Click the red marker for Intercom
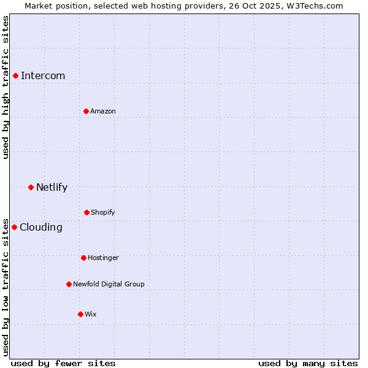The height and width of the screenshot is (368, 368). pyautogui.click(x=16, y=75)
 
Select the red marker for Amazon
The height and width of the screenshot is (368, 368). pyautogui.click(x=86, y=111)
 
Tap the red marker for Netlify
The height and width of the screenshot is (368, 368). pyautogui.click(x=31, y=187)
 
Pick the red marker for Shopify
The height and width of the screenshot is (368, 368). pyautogui.click(x=86, y=212)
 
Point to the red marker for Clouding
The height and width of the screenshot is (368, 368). pyautogui.click(x=14, y=227)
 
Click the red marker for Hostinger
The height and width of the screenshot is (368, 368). pyautogui.click(x=83, y=258)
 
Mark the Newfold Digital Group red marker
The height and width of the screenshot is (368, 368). pyautogui.click(x=69, y=284)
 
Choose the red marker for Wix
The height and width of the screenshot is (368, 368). pyautogui.click(x=80, y=314)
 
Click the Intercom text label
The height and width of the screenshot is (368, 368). pyautogui.click(x=43, y=75)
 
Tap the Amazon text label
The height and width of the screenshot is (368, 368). pyautogui.click(x=103, y=111)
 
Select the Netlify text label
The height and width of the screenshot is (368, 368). pyautogui.click(x=52, y=187)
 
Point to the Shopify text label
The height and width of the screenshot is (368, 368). pyautogui.click(x=103, y=212)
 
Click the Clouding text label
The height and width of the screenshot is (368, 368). pyautogui.click(x=41, y=227)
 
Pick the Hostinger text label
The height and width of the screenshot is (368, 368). pyautogui.click(x=103, y=258)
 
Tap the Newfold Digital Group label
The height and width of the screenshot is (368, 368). pyautogui.click(x=109, y=284)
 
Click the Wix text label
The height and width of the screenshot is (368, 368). pyautogui.click(x=91, y=314)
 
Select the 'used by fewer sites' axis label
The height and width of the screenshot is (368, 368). pyautogui.click(x=63, y=363)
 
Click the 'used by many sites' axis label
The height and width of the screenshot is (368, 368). pyautogui.click(x=308, y=363)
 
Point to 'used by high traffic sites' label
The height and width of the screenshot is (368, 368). pyautogui.click(x=6, y=88)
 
